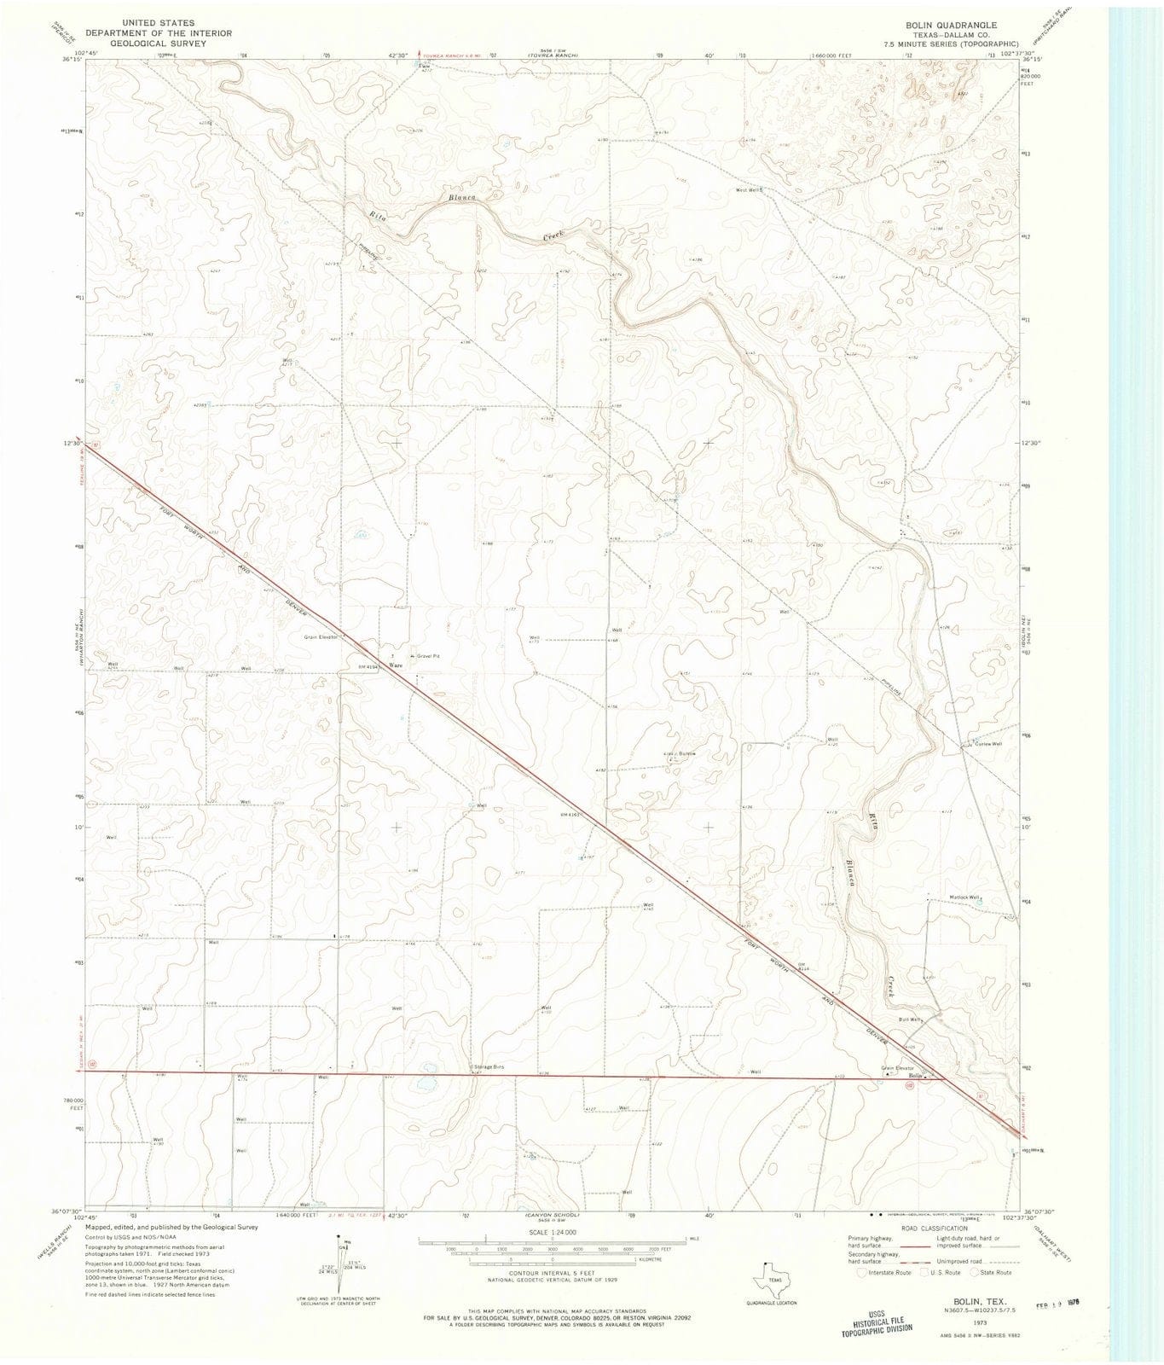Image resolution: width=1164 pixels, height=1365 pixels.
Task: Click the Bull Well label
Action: coord(910,1019)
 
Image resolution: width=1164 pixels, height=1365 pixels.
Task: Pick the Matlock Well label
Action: coord(965,897)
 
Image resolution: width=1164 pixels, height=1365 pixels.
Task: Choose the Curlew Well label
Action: coord(987,744)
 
